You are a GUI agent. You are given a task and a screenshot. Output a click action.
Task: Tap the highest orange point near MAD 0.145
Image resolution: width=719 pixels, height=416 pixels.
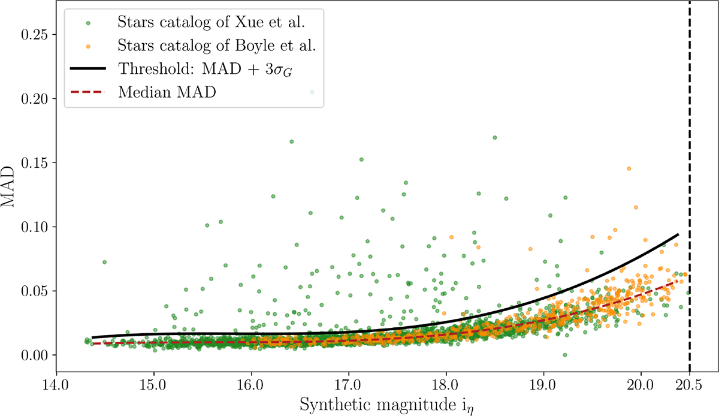(x=629, y=168)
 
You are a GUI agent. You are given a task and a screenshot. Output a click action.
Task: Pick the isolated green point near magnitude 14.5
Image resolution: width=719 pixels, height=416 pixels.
(x=104, y=262)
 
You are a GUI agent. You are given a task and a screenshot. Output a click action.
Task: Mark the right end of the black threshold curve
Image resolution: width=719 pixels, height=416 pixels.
(x=678, y=234)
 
